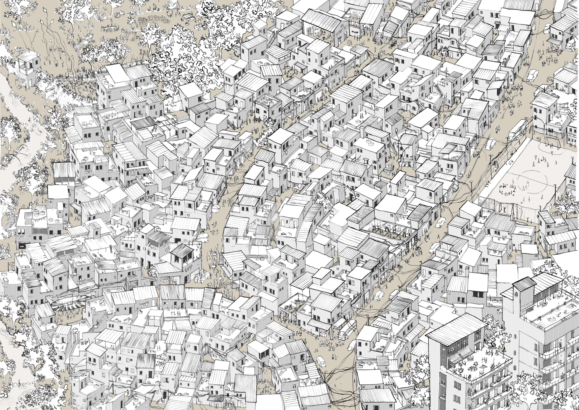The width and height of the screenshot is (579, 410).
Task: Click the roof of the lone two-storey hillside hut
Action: tap(28, 57)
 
